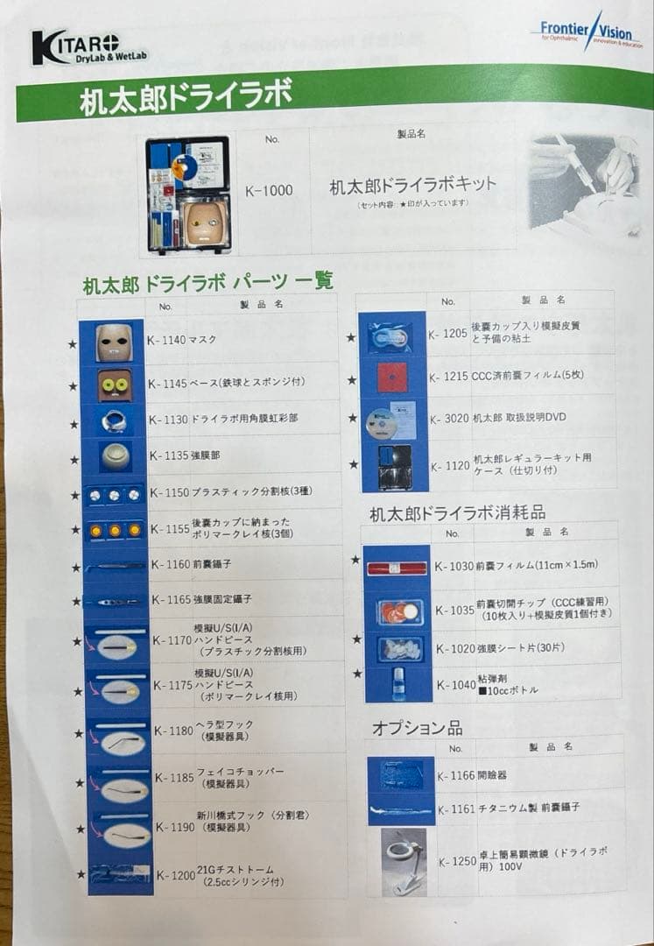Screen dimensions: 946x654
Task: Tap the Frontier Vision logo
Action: click(x=585, y=33)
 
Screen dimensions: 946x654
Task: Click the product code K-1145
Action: click(x=167, y=383)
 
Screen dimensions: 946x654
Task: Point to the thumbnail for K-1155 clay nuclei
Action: click(x=113, y=529)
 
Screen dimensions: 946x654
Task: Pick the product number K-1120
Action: click(x=450, y=466)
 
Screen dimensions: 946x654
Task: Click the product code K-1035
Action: click(x=454, y=610)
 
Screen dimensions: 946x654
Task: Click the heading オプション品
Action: click(x=417, y=728)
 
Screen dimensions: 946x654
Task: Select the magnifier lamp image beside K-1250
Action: click(x=404, y=862)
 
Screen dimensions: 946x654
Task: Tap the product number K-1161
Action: click(x=456, y=808)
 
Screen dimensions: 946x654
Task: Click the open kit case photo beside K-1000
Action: click(x=188, y=194)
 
